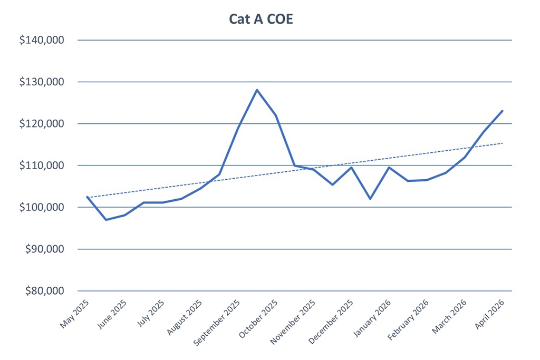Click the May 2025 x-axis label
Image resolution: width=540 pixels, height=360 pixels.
coord(75,314)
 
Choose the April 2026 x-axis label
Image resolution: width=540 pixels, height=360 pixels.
coord(490,315)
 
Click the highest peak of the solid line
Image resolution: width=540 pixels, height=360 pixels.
coord(257,90)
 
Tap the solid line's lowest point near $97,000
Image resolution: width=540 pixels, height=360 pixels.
coord(106,220)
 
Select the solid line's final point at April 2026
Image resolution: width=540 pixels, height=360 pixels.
coord(503,111)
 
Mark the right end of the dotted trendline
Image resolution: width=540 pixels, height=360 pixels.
coord(503,143)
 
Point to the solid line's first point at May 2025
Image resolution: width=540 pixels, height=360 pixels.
coord(87,197)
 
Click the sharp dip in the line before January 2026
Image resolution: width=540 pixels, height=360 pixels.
coord(370,199)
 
